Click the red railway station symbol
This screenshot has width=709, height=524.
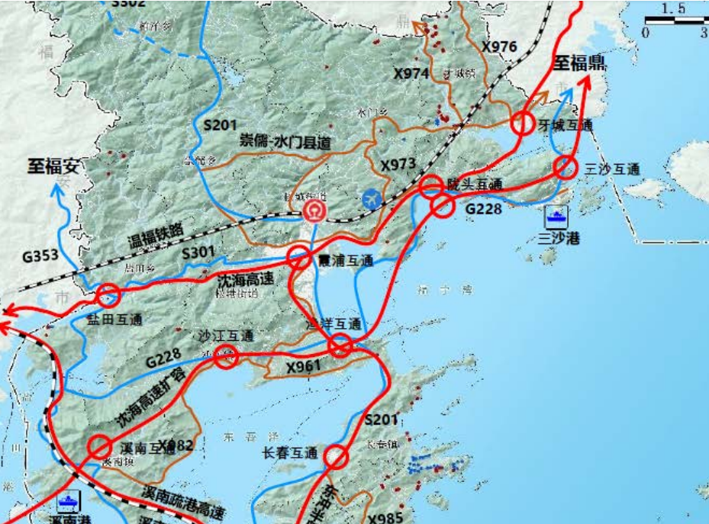(x=314, y=211)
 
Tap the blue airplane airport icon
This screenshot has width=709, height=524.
(x=372, y=198)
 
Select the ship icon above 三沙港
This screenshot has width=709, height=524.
(x=556, y=216)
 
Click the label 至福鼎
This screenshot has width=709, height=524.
(x=580, y=64)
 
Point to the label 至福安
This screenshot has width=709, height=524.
(x=55, y=165)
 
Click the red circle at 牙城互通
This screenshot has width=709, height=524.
(x=523, y=123)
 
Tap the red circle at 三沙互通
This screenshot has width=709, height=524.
(x=565, y=167)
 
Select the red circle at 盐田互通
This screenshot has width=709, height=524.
(x=108, y=294)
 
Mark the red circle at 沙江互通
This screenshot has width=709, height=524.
(x=226, y=355)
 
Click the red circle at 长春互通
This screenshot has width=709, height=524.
(x=336, y=457)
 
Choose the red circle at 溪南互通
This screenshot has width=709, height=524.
(x=100, y=447)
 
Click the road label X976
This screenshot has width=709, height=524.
(x=499, y=47)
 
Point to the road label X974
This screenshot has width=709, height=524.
(x=412, y=74)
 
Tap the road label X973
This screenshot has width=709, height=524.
(x=398, y=165)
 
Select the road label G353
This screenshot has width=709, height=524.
(x=40, y=256)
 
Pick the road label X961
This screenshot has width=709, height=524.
(x=305, y=368)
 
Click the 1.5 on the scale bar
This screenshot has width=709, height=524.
(x=674, y=9)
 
